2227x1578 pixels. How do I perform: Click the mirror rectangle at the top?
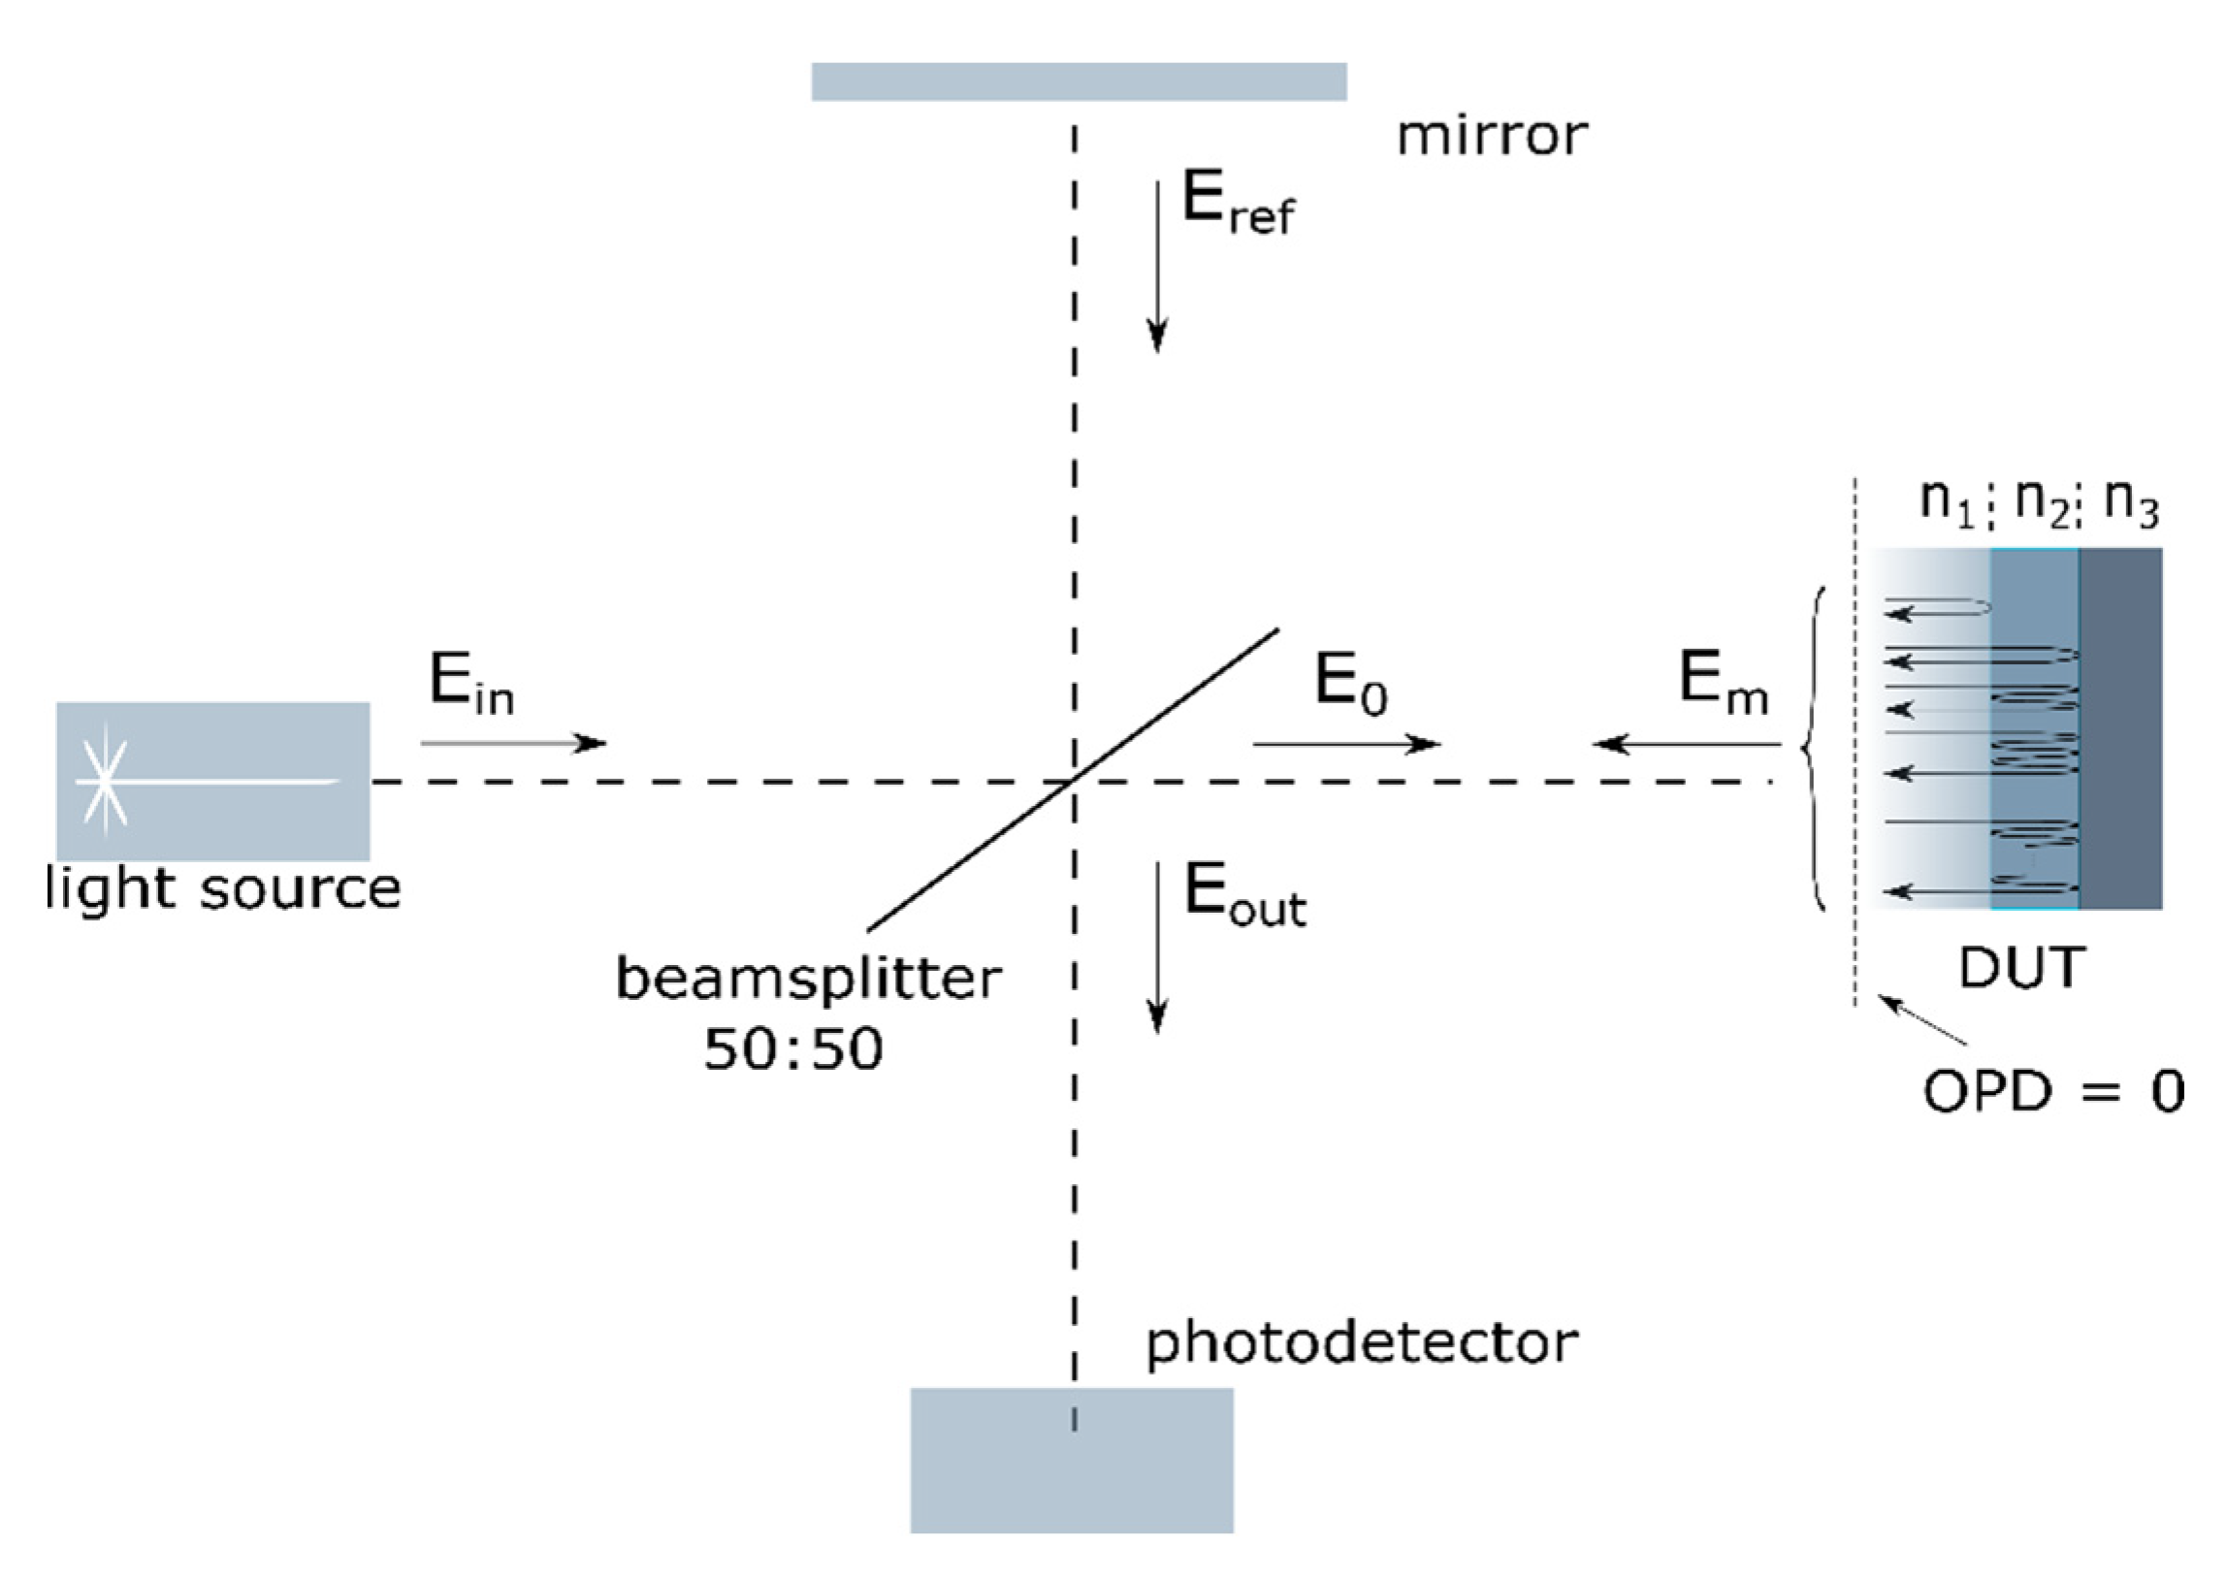pyautogui.click(x=1079, y=81)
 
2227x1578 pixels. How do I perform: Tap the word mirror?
pyautogui.click(x=1492, y=136)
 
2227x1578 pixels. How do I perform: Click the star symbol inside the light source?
pyautogui.click(x=105, y=781)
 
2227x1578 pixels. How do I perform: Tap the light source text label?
pyautogui.click(x=223, y=888)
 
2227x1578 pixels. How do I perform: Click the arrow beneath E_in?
pyautogui.click(x=513, y=743)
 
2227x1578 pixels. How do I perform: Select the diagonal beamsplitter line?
pyautogui.click(x=1073, y=779)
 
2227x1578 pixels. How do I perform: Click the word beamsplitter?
pyautogui.click(x=808, y=979)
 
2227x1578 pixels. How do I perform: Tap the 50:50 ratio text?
pyautogui.click(x=792, y=1049)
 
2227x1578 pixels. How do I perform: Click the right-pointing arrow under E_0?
pyautogui.click(x=1345, y=744)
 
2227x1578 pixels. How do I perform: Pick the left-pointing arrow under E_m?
pyautogui.click(x=1686, y=744)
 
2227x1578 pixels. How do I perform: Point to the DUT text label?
pyautogui.click(x=2022, y=968)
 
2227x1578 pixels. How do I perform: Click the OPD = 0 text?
pyautogui.click(x=2053, y=1091)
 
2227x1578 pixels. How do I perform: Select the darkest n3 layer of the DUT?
pyautogui.click(x=2121, y=728)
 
